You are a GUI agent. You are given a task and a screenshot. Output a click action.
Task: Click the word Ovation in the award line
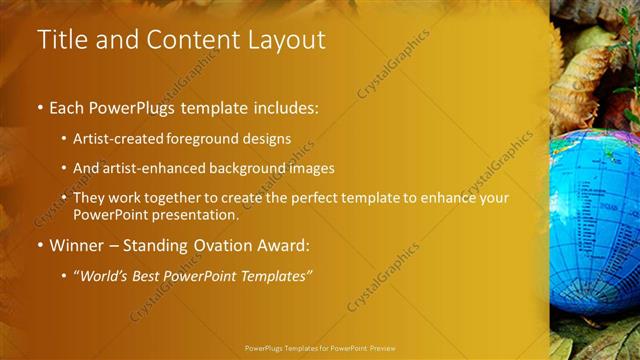(225, 245)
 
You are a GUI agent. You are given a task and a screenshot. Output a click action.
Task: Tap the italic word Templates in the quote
(273, 275)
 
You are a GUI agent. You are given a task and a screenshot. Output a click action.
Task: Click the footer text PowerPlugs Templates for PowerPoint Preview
(320, 348)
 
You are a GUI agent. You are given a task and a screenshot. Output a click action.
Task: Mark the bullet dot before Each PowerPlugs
(40, 105)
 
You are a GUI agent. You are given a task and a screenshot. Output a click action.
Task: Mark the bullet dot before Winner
(40, 245)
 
